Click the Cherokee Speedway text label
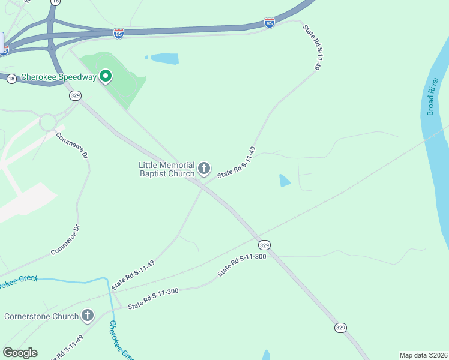click(x=58, y=77)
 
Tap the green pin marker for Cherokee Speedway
click(x=106, y=76)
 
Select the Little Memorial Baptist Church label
click(x=167, y=169)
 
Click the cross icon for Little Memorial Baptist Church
click(x=204, y=169)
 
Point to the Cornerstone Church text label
click(x=41, y=316)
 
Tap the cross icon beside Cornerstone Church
click(x=88, y=316)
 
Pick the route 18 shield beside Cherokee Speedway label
click(x=11, y=79)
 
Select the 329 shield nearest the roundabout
click(x=75, y=95)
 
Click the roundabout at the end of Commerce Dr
click(x=49, y=122)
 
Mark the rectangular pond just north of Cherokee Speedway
click(x=164, y=59)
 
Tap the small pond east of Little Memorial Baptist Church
click(x=285, y=180)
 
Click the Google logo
click(x=20, y=352)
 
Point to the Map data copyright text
click(x=423, y=355)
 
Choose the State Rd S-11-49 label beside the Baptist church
click(x=237, y=161)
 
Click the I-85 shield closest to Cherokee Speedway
click(x=119, y=34)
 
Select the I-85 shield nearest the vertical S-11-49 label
click(x=270, y=23)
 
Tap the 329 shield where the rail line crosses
click(x=264, y=245)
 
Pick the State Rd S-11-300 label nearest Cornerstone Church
click(x=153, y=298)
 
